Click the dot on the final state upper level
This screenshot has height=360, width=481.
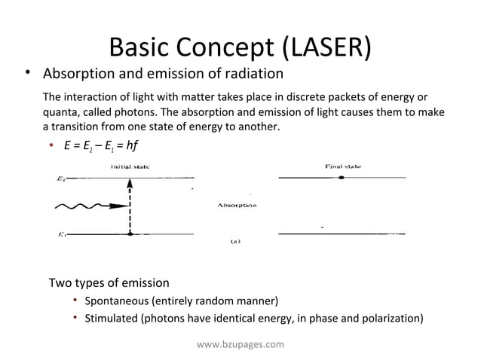point(342,178)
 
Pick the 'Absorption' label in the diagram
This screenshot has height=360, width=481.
point(237,205)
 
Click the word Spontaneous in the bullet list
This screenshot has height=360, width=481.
point(121,301)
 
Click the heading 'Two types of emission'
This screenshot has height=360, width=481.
point(109,283)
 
